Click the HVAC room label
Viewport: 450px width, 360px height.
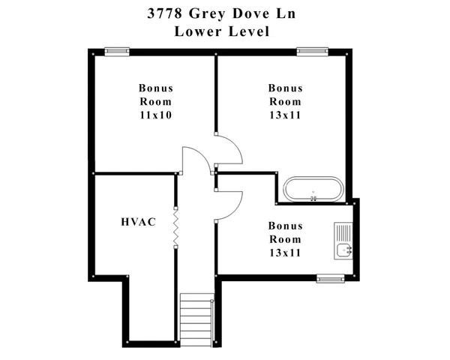(138, 223)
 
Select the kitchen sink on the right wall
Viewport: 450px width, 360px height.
(344, 250)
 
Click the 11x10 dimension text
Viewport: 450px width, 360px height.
(155, 115)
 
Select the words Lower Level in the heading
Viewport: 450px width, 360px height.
(221, 31)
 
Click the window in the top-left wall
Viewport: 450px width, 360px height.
(116, 51)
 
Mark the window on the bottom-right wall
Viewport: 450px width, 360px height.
(330, 279)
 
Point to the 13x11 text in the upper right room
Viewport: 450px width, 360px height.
(285, 115)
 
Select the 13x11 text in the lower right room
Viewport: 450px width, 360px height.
(285, 253)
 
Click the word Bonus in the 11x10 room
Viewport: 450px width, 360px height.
(155, 88)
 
